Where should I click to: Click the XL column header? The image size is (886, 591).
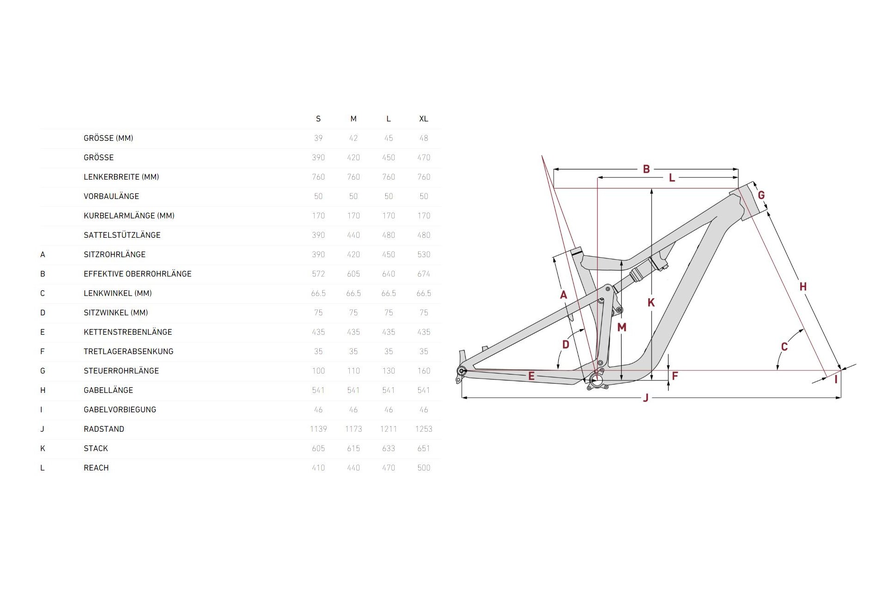coord(424,119)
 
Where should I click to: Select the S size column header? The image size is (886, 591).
coord(318,119)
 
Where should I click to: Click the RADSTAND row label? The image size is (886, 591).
coord(104,429)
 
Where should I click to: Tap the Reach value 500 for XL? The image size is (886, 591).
coord(424,468)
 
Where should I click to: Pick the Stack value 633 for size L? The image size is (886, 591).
coord(389,448)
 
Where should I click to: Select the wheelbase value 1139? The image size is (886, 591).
coord(318,429)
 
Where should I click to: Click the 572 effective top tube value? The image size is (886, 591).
coord(318,274)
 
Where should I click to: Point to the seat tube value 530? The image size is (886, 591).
coord(424,254)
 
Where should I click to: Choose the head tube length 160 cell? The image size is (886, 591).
coord(424,371)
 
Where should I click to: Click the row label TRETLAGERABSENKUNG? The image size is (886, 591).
coord(128,351)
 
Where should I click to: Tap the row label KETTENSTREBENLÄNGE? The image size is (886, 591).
coord(128,332)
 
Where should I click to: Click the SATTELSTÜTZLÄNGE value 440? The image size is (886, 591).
coord(353,235)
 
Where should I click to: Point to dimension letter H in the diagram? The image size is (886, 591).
coord(803,287)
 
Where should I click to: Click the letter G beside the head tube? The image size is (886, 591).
coord(761,195)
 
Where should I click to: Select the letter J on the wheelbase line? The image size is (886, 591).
coord(646,398)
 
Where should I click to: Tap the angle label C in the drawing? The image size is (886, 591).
coord(784,346)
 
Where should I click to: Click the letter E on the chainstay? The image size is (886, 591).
coord(531,376)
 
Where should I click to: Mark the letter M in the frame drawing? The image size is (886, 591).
coord(622,327)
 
